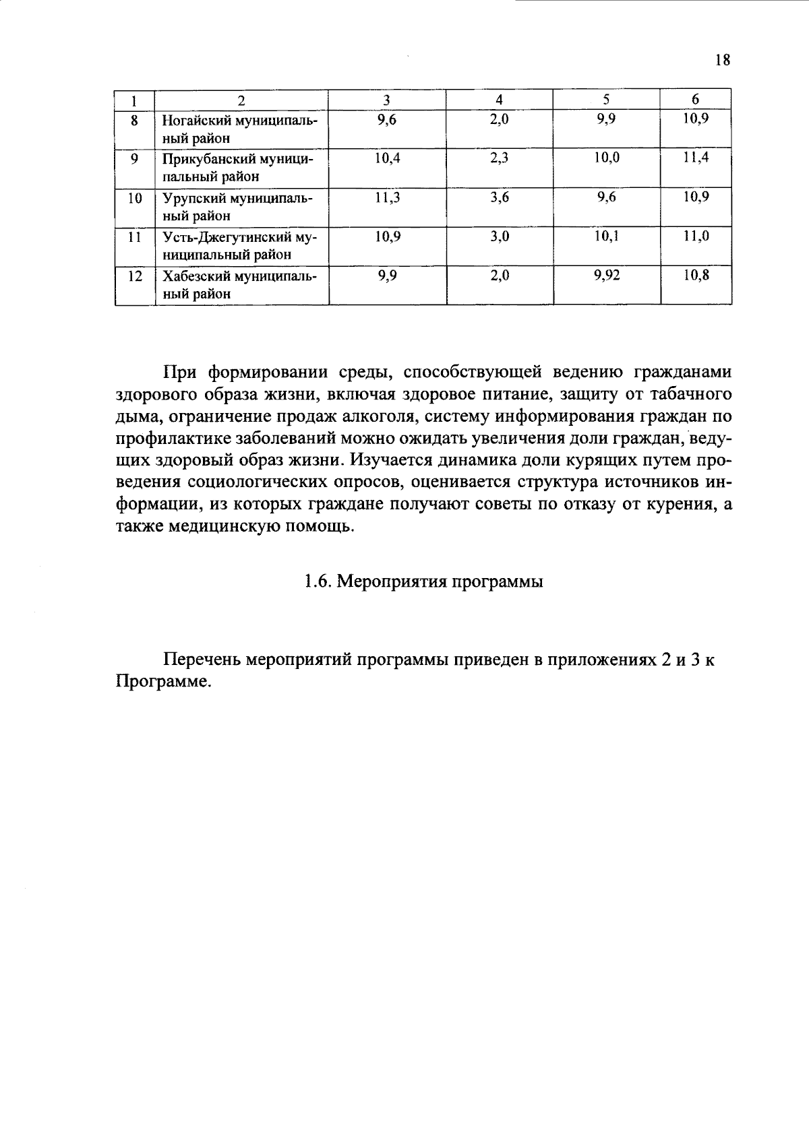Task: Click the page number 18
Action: [721, 60]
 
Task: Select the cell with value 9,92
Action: [607, 276]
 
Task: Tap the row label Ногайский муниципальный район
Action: [239, 129]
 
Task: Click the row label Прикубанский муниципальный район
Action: [239, 168]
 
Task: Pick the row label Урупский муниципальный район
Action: [239, 207]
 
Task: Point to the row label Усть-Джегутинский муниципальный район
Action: [239, 246]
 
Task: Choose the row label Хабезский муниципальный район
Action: [239, 285]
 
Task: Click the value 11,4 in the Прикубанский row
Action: [696, 158]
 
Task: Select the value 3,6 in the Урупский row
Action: [500, 197]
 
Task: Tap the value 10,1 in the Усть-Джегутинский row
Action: [607, 236]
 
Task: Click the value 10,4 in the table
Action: [387, 158]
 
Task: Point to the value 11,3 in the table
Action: [387, 197]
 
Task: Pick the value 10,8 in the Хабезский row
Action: [696, 276]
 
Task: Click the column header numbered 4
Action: [500, 100]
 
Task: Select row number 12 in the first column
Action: [135, 276]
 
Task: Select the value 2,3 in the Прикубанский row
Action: [500, 158]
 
